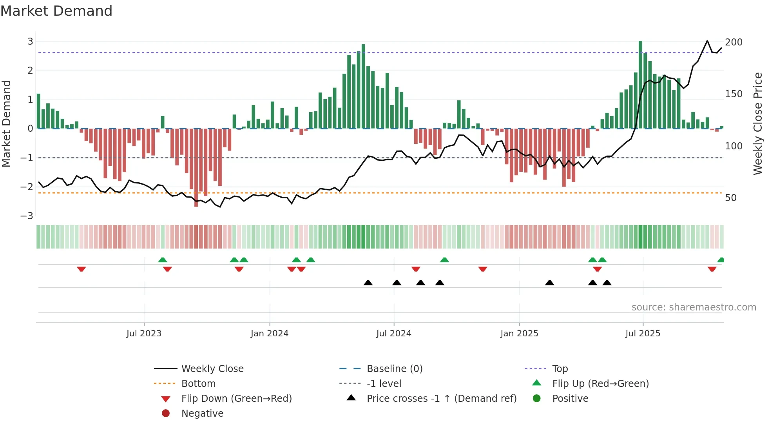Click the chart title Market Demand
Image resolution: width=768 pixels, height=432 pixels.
(x=56, y=11)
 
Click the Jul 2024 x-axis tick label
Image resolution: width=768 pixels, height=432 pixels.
(x=393, y=334)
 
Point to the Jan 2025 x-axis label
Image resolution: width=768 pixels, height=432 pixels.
(x=519, y=334)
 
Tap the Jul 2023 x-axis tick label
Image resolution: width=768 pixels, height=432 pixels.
(x=144, y=334)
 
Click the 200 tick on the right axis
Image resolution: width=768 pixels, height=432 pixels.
(x=734, y=42)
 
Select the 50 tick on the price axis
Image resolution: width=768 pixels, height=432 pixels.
(x=730, y=198)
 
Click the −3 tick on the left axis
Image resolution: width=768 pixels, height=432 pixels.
(x=27, y=216)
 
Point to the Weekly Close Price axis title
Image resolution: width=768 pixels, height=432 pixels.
(x=758, y=123)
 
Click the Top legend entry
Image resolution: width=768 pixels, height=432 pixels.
(x=560, y=369)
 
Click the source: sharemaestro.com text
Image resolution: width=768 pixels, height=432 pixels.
(x=694, y=307)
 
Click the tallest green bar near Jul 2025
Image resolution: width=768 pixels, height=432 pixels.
(x=640, y=84)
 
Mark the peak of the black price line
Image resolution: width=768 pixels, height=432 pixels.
(x=707, y=41)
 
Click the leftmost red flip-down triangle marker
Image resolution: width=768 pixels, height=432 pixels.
(x=82, y=269)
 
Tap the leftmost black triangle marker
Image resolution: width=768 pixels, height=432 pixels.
(x=368, y=283)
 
